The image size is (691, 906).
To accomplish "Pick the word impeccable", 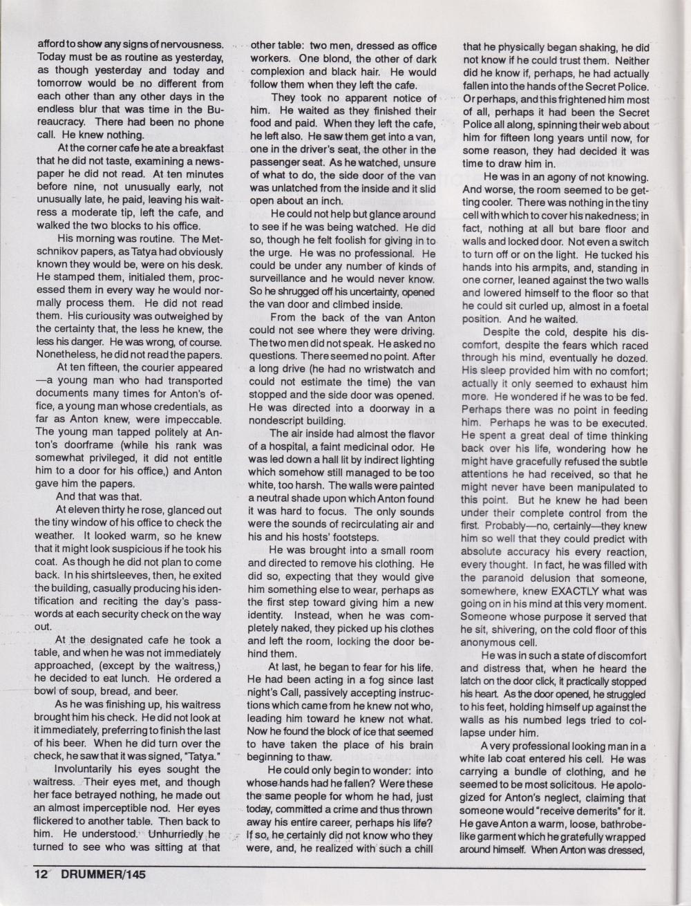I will tap(189, 419).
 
